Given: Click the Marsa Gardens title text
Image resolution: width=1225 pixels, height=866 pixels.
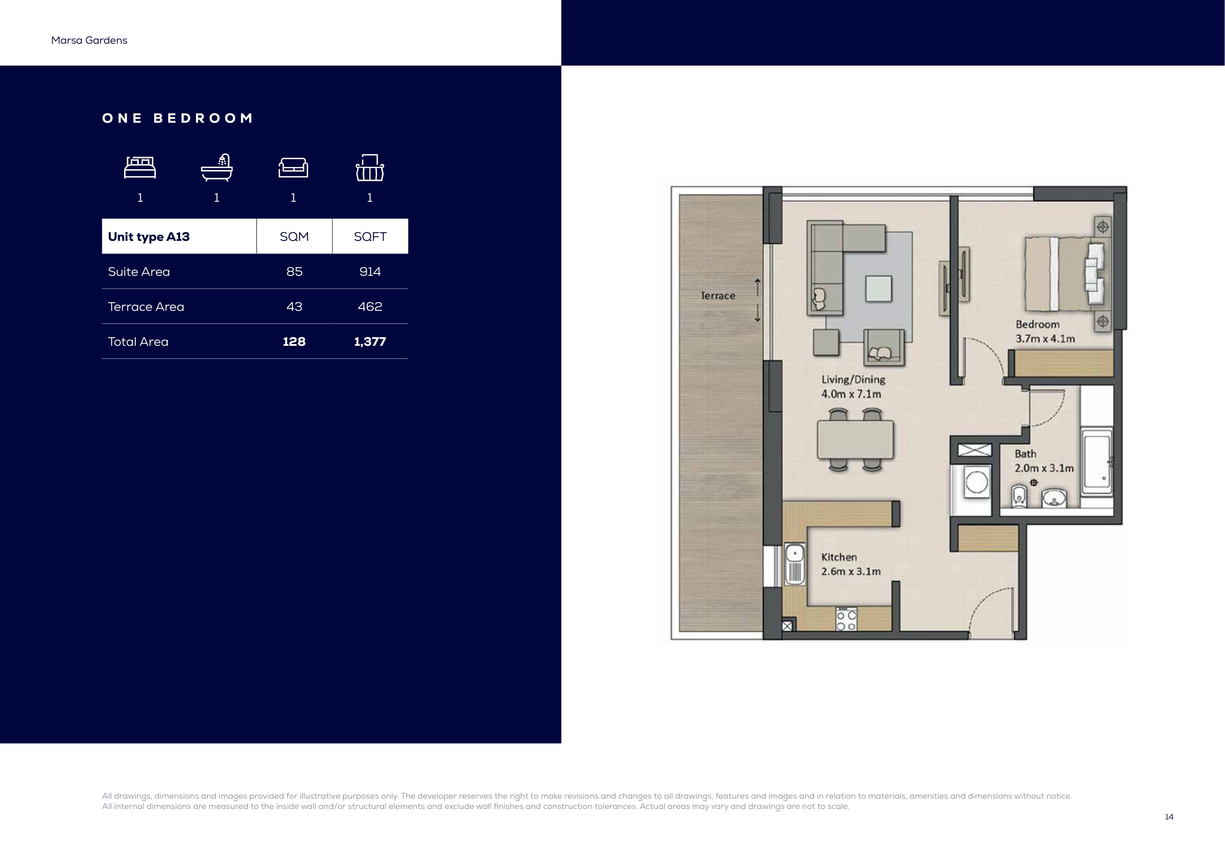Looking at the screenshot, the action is click(89, 41).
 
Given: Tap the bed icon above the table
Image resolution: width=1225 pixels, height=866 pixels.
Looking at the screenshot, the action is click(140, 168).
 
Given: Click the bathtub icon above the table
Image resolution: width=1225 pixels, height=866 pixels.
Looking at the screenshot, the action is click(217, 168).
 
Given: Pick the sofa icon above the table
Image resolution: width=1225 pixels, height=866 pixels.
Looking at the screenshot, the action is click(293, 168).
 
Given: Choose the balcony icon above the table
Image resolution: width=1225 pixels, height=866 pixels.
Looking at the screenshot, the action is click(370, 168).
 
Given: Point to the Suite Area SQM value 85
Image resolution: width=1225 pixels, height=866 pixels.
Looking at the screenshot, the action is click(294, 272).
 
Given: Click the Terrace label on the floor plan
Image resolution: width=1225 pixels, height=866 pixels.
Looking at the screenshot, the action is click(718, 295).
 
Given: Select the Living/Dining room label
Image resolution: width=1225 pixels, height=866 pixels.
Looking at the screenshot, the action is click(853, 380).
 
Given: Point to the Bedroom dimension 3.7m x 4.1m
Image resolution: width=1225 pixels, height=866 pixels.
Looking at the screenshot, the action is click(1045, 339).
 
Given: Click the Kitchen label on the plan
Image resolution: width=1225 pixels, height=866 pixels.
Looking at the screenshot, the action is click(839, 557).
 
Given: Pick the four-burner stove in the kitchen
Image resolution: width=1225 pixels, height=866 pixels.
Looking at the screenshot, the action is click(846, 619).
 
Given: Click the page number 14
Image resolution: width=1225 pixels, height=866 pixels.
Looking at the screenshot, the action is click(1169, 817).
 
